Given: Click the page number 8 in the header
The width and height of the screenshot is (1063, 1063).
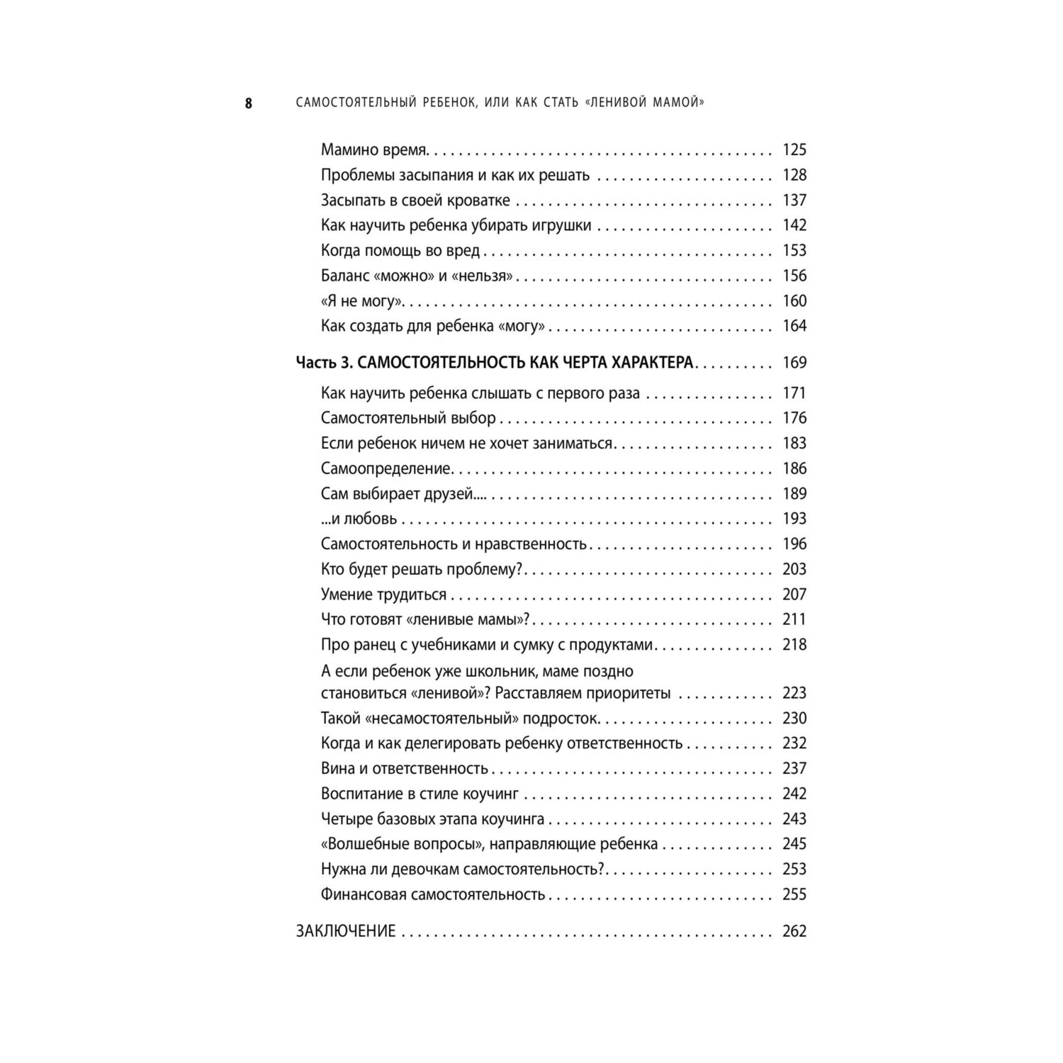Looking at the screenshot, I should pyautogui.click(x=248, y=103).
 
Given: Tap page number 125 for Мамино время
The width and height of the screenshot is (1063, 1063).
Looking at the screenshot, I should pyautogui.click(x=794, y=150).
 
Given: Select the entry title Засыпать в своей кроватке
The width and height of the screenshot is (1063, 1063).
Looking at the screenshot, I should pyautogui.click(x=415, y=200).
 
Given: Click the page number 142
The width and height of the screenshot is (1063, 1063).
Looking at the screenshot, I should pyautogui.click(x=794, y=225).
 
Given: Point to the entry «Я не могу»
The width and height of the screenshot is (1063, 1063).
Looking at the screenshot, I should pyautogui.click(x=362, y=301).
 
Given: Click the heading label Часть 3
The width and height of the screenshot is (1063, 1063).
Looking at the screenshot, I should pyautogui.click(x=323, y=363).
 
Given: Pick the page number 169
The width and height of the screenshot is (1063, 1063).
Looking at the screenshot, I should pyautogui.click(x=794, y=363).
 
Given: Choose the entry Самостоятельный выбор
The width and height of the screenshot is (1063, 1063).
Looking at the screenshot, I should pyautogui.click(x=408, y=418).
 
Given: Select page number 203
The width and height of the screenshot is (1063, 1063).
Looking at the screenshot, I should pyautogui.click(x=794, y=569).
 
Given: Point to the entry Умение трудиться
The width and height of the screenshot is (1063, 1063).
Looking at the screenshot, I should pyautogui.click(x=383, y=595).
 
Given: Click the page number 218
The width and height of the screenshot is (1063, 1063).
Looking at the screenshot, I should pyautogui.click(x=794, y=645).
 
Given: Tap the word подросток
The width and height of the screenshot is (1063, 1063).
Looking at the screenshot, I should pyautogui.click(x=567, y=719).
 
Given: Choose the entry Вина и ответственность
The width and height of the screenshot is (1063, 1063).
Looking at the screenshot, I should pyautogui.click(x=405, y=769).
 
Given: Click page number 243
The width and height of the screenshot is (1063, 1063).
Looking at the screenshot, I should pyautogui.click(x=794, y=819).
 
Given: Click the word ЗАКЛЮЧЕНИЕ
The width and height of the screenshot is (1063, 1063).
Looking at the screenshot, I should pyautogui.click(x=346, y=931).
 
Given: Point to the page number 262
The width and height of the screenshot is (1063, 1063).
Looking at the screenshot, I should pyautogui.click(x=794, y=931).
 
